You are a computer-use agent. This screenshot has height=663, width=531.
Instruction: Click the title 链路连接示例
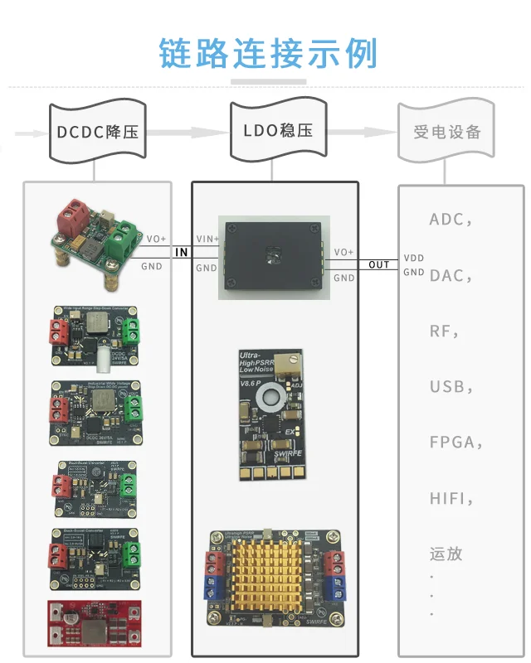tap(268, 52)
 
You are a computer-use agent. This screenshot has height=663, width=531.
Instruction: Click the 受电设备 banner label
tap(446, 132)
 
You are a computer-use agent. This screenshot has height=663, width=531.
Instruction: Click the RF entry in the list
tap(441, 331)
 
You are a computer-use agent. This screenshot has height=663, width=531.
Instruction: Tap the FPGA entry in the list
tap(452, 442)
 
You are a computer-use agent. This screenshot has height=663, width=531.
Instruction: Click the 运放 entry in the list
tap(446, 553)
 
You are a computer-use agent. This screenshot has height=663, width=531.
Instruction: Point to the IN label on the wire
tap(182, 252)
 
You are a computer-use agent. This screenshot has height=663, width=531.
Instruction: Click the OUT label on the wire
tap(378, 265)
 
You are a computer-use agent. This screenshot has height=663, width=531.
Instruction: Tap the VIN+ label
tap(207, 239)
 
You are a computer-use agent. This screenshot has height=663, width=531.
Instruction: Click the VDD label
tap(414, 258)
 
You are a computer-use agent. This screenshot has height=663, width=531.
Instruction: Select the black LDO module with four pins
tap(271, 256)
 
